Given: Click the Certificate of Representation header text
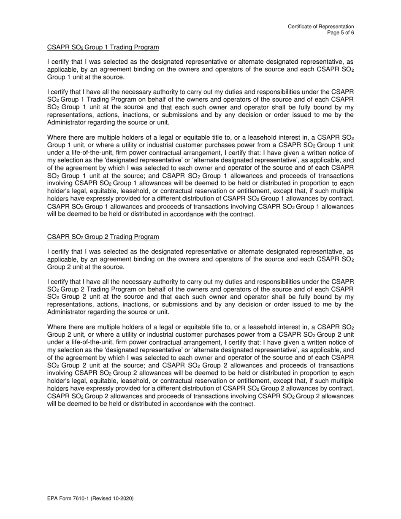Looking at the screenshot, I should coord(321,27).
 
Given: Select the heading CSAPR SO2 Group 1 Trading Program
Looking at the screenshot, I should coord(103,47).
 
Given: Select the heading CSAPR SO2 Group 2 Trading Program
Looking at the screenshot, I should coord(103,237).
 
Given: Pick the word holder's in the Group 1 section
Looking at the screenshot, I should coord(59,191).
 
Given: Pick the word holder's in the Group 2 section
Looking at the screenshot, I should coord(59,381).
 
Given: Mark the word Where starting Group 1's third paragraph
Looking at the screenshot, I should coord(57,138).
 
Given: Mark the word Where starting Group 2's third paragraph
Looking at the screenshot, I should coord(57,327).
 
